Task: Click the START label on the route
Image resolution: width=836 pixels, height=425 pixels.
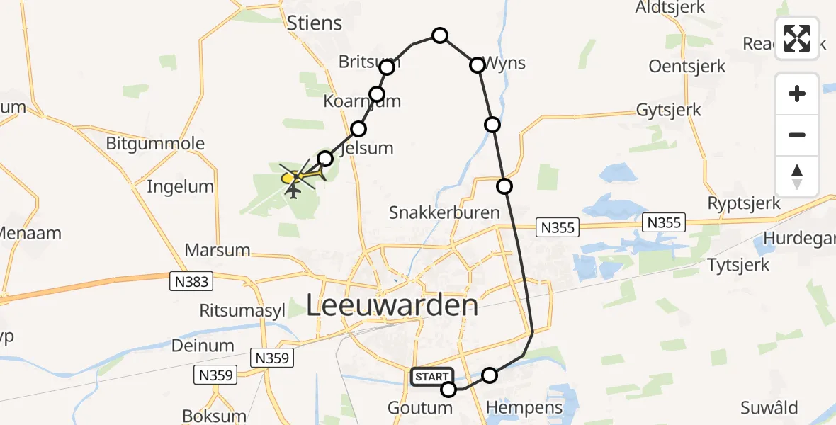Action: [431, 377]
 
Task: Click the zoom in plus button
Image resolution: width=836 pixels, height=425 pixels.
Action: [797, 94]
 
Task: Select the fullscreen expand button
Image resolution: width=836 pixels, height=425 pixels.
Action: [797, 38]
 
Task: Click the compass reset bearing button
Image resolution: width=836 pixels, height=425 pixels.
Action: [797, 176]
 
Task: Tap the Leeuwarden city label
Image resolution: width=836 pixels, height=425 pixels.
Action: [392, 305]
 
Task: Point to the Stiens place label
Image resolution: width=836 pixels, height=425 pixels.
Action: [315, 23]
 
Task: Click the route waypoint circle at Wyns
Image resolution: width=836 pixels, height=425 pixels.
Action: [478, 65]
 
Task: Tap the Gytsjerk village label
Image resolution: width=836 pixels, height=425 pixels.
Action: [669, 110]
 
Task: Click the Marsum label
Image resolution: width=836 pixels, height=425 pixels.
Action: [218, 250]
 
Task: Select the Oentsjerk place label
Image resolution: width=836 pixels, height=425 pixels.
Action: [687, 67]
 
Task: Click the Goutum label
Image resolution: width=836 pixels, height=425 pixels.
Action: [420, 407]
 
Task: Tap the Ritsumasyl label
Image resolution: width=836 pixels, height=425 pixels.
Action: [242, 310]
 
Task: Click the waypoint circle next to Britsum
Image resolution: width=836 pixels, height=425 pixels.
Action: [387, 67]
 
